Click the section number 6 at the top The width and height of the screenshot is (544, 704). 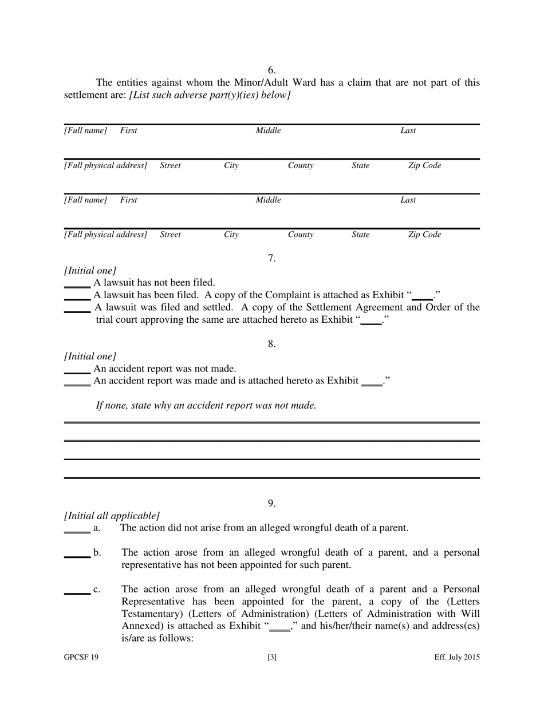coord(271,70)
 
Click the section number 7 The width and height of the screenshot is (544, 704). coord(272,258)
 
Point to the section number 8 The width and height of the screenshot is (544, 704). coord(272,344)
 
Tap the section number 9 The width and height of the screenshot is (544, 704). coord(272,503)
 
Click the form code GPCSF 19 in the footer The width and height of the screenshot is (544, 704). coord(81,658)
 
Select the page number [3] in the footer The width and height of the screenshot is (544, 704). coord(272,658)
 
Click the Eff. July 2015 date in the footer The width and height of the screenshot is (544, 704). coord(456,658)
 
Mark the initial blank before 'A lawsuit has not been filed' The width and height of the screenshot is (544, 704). coord(77,284)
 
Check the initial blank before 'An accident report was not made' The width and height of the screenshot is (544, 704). coord(77,370)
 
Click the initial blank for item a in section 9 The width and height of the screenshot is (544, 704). coord(77,529)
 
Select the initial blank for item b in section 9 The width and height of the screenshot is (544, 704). coord(77,555)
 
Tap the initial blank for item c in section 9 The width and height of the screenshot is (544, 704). coord(77,591)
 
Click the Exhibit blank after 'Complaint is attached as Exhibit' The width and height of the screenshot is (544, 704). coord(423,297)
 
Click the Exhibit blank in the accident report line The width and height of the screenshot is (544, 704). coord(372,383)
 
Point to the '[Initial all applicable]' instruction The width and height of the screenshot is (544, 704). coord(112,515)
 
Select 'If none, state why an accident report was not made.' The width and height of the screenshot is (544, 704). coord(206,406)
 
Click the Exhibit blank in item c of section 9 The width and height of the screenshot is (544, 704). coord(279,628)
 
